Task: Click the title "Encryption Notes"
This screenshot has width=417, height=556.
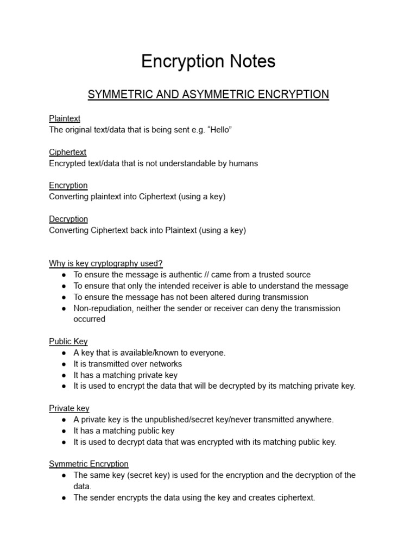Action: (208, 62)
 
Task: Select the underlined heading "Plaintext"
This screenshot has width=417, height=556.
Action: (65, 118)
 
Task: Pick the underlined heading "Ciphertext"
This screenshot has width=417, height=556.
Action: (67, 152)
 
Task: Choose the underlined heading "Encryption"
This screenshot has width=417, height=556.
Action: (68, 185)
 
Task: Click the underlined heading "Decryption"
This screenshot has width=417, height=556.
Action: (68, 219)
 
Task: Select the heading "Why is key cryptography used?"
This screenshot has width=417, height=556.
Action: (106, 263)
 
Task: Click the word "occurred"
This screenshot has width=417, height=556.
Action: (89, 319)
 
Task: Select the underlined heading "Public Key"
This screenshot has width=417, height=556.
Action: (68, 342)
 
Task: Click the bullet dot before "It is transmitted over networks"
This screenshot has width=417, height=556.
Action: (64, 364)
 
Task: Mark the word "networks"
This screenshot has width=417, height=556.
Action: (165, 364)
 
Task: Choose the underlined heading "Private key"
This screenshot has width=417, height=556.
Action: (69, 408)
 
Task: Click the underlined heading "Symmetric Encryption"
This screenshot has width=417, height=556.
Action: (89, 464)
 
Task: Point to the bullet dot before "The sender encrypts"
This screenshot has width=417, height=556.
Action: (64, 498)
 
